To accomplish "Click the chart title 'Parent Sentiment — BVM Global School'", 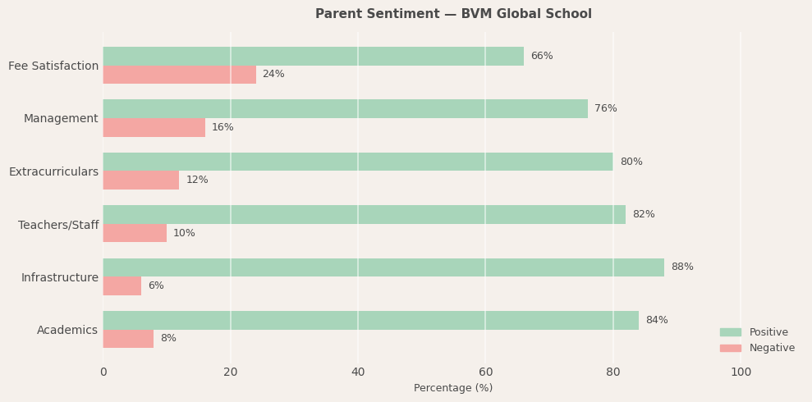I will point(453,14).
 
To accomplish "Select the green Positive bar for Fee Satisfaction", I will point(313,57).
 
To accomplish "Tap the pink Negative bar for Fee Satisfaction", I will point(179,75).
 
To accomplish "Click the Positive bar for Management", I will point(345,109).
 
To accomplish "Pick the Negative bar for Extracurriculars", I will point(140,180).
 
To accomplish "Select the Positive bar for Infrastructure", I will point(383,267).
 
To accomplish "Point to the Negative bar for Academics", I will point(128,339).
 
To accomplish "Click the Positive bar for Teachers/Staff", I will point(364,215).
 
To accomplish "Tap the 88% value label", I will point(681,267).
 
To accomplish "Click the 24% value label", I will point(273,75).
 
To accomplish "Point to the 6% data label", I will point(156,286).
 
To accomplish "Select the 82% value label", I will point(643,215).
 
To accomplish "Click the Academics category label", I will point(67,331).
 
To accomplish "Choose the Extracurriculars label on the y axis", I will point(53,172).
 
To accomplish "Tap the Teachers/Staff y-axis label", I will point(58,225).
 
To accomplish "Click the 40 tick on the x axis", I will point(358,372).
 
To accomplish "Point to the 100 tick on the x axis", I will point(741,372).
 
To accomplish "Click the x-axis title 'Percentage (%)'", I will point(453,388).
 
